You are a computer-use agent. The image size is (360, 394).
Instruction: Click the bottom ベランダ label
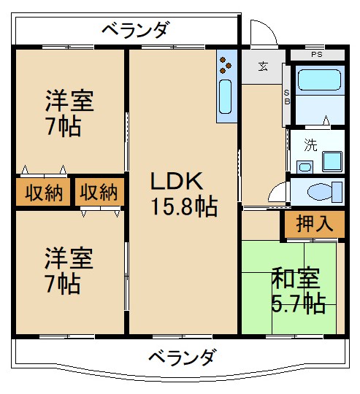(182, 358)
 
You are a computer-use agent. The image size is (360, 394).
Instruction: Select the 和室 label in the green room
(296, 278)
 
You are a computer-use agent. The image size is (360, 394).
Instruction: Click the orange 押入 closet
(315, 224)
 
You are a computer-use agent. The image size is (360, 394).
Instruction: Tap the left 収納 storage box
(43, 193)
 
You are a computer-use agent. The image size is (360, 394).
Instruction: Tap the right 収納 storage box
(99, 193)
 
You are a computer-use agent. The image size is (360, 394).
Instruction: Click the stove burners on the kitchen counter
(226, 63)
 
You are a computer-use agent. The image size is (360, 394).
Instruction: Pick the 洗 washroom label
(310, 144)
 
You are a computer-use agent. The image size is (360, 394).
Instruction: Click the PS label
(316, 54)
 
